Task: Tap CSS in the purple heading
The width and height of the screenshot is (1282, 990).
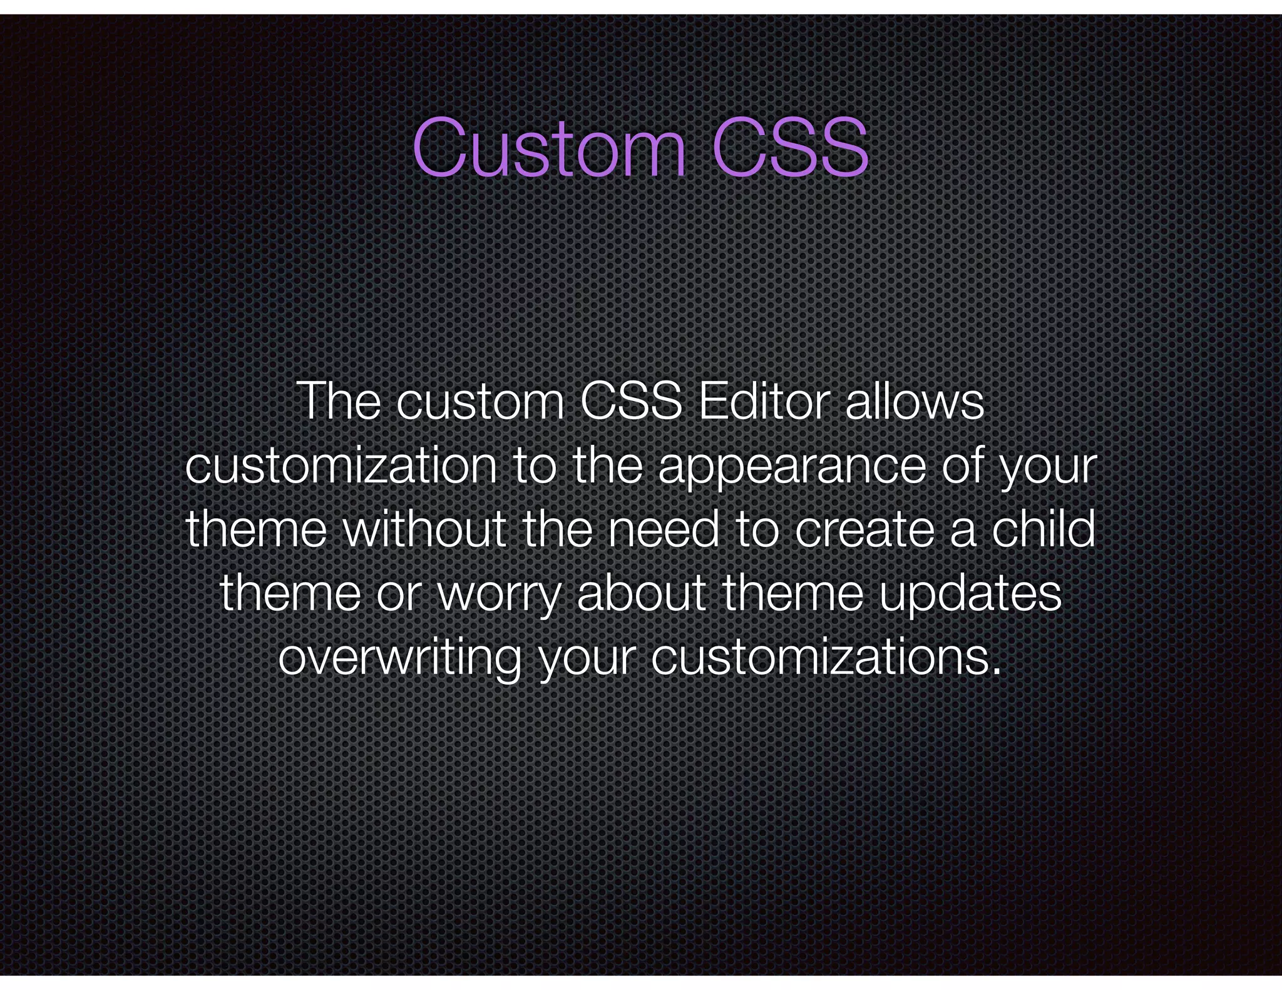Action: tap(790, 148)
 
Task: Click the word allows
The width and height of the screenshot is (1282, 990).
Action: tap(915, 401)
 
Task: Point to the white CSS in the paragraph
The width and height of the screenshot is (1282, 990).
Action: tap(631, 401)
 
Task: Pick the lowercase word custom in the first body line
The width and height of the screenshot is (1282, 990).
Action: tap(481, 402)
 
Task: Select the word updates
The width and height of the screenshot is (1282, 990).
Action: tap(970, 595)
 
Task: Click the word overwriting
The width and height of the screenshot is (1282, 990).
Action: tap(399, 659)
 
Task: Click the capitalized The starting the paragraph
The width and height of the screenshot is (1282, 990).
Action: tap(339, 401)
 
